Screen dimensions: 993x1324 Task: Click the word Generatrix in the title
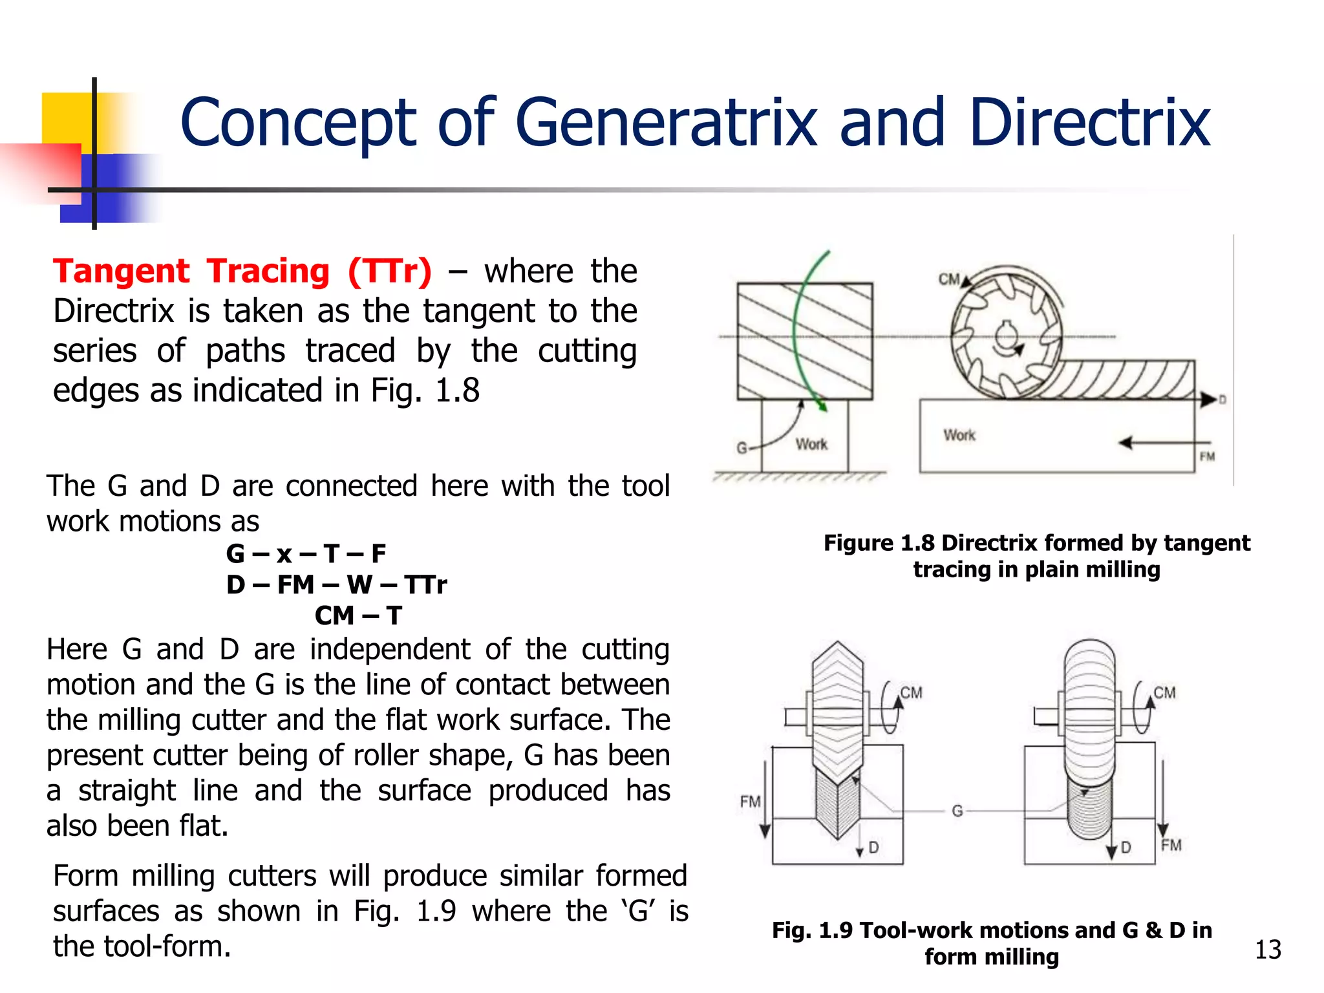point(666,123)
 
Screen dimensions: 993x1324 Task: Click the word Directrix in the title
point(1089,123)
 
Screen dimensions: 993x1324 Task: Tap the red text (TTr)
point(389,271)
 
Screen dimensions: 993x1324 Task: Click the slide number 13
point(1267,950)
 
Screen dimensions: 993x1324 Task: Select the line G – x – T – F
point(306,554)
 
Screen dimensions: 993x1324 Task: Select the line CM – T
point(358,615)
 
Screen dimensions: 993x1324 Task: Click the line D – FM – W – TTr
point(336,585)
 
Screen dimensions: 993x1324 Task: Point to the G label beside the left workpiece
point(742,447)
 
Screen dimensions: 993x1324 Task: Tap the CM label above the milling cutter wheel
point(948,279)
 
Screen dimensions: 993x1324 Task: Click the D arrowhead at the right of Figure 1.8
point(1206,400)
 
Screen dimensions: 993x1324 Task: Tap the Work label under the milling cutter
point(959,435)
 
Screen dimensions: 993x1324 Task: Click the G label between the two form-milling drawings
point(957,811)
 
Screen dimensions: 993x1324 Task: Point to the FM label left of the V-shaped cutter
point(750,802)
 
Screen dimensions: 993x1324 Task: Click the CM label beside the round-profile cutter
point(1164,693)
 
